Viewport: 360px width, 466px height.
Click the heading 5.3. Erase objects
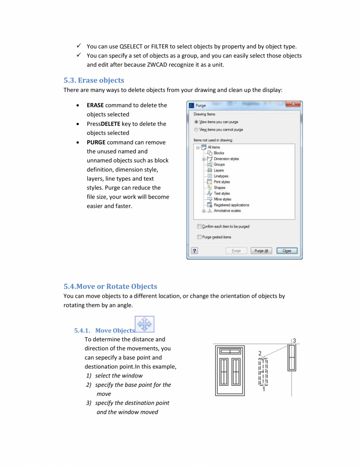94,80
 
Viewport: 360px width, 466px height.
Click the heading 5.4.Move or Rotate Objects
110,286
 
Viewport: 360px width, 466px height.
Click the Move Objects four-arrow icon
145,325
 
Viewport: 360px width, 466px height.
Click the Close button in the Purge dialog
287,251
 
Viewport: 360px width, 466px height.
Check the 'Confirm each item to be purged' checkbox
199,226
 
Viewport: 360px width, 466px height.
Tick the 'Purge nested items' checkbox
199,237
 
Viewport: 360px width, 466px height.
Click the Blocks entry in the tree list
219,153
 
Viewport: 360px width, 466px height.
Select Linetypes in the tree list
221,176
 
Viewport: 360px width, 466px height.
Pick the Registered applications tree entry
231,205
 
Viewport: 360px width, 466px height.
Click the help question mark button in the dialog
194,251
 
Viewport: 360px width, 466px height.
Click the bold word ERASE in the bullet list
95,105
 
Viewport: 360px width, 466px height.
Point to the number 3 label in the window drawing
294,340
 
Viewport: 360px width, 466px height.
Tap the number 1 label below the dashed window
264,389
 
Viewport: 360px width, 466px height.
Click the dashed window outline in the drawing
263,372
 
